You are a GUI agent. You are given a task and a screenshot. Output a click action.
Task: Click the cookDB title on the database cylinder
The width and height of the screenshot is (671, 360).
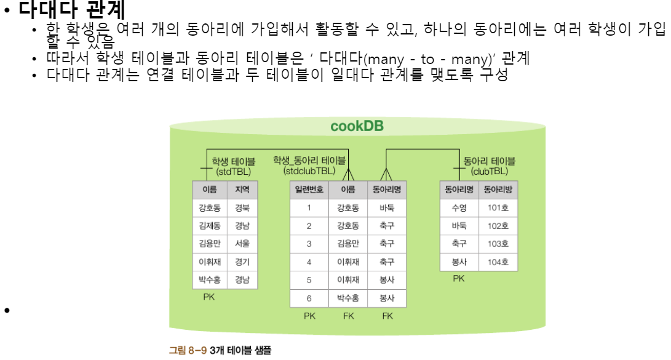pyautogui.click(x=357, y=126)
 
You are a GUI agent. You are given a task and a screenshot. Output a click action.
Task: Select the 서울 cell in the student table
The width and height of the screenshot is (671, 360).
pyautogui.click(x=242, y=244)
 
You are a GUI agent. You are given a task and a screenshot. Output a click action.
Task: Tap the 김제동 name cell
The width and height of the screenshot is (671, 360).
pyautogui.click(x=210, y=226)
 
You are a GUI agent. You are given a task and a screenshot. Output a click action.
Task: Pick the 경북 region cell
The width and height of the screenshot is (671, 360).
pyautogui.click(x=242, y=208)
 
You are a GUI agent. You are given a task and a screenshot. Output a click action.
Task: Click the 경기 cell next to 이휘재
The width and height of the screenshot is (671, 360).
pyautogui.click(x=242, y=262)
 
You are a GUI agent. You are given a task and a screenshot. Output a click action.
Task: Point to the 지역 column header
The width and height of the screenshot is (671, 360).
pyautogui.click(x=242, y=190)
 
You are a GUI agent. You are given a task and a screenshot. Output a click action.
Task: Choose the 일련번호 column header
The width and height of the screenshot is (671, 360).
pyautogui.click(x=309, y=190)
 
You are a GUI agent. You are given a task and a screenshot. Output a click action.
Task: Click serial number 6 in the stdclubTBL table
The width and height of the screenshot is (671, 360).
pyautogui.click(x=309, y=298)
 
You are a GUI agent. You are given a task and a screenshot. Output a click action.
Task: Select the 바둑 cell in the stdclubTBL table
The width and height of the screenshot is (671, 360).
pyautogui.click(x=387, y=208)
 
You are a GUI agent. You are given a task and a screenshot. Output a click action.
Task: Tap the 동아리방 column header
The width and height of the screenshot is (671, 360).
pyautogui.click(x=498, y=190)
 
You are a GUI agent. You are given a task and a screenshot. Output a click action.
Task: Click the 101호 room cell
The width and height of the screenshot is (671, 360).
pyautogui.click(x=498, y=208)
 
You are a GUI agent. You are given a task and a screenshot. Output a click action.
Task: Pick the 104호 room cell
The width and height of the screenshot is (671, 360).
pyautogui.click(x=498, y=262)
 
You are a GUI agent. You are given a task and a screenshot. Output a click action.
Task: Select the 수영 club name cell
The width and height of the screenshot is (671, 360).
pyautogui.click(x=459, y=208)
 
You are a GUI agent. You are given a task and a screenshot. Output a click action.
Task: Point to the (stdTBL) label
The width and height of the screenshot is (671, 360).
pyautogui.click(x=233, y=172)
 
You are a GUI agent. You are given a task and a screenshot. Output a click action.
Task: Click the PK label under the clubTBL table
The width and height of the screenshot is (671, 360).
pyautogui.click(x=459, y=278)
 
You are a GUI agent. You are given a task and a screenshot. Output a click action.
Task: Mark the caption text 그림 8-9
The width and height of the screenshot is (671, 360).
pyautogui.click(x=188, y=350)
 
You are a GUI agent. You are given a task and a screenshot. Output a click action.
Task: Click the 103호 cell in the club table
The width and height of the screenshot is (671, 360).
pyautogui.click(x=498, y=244)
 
